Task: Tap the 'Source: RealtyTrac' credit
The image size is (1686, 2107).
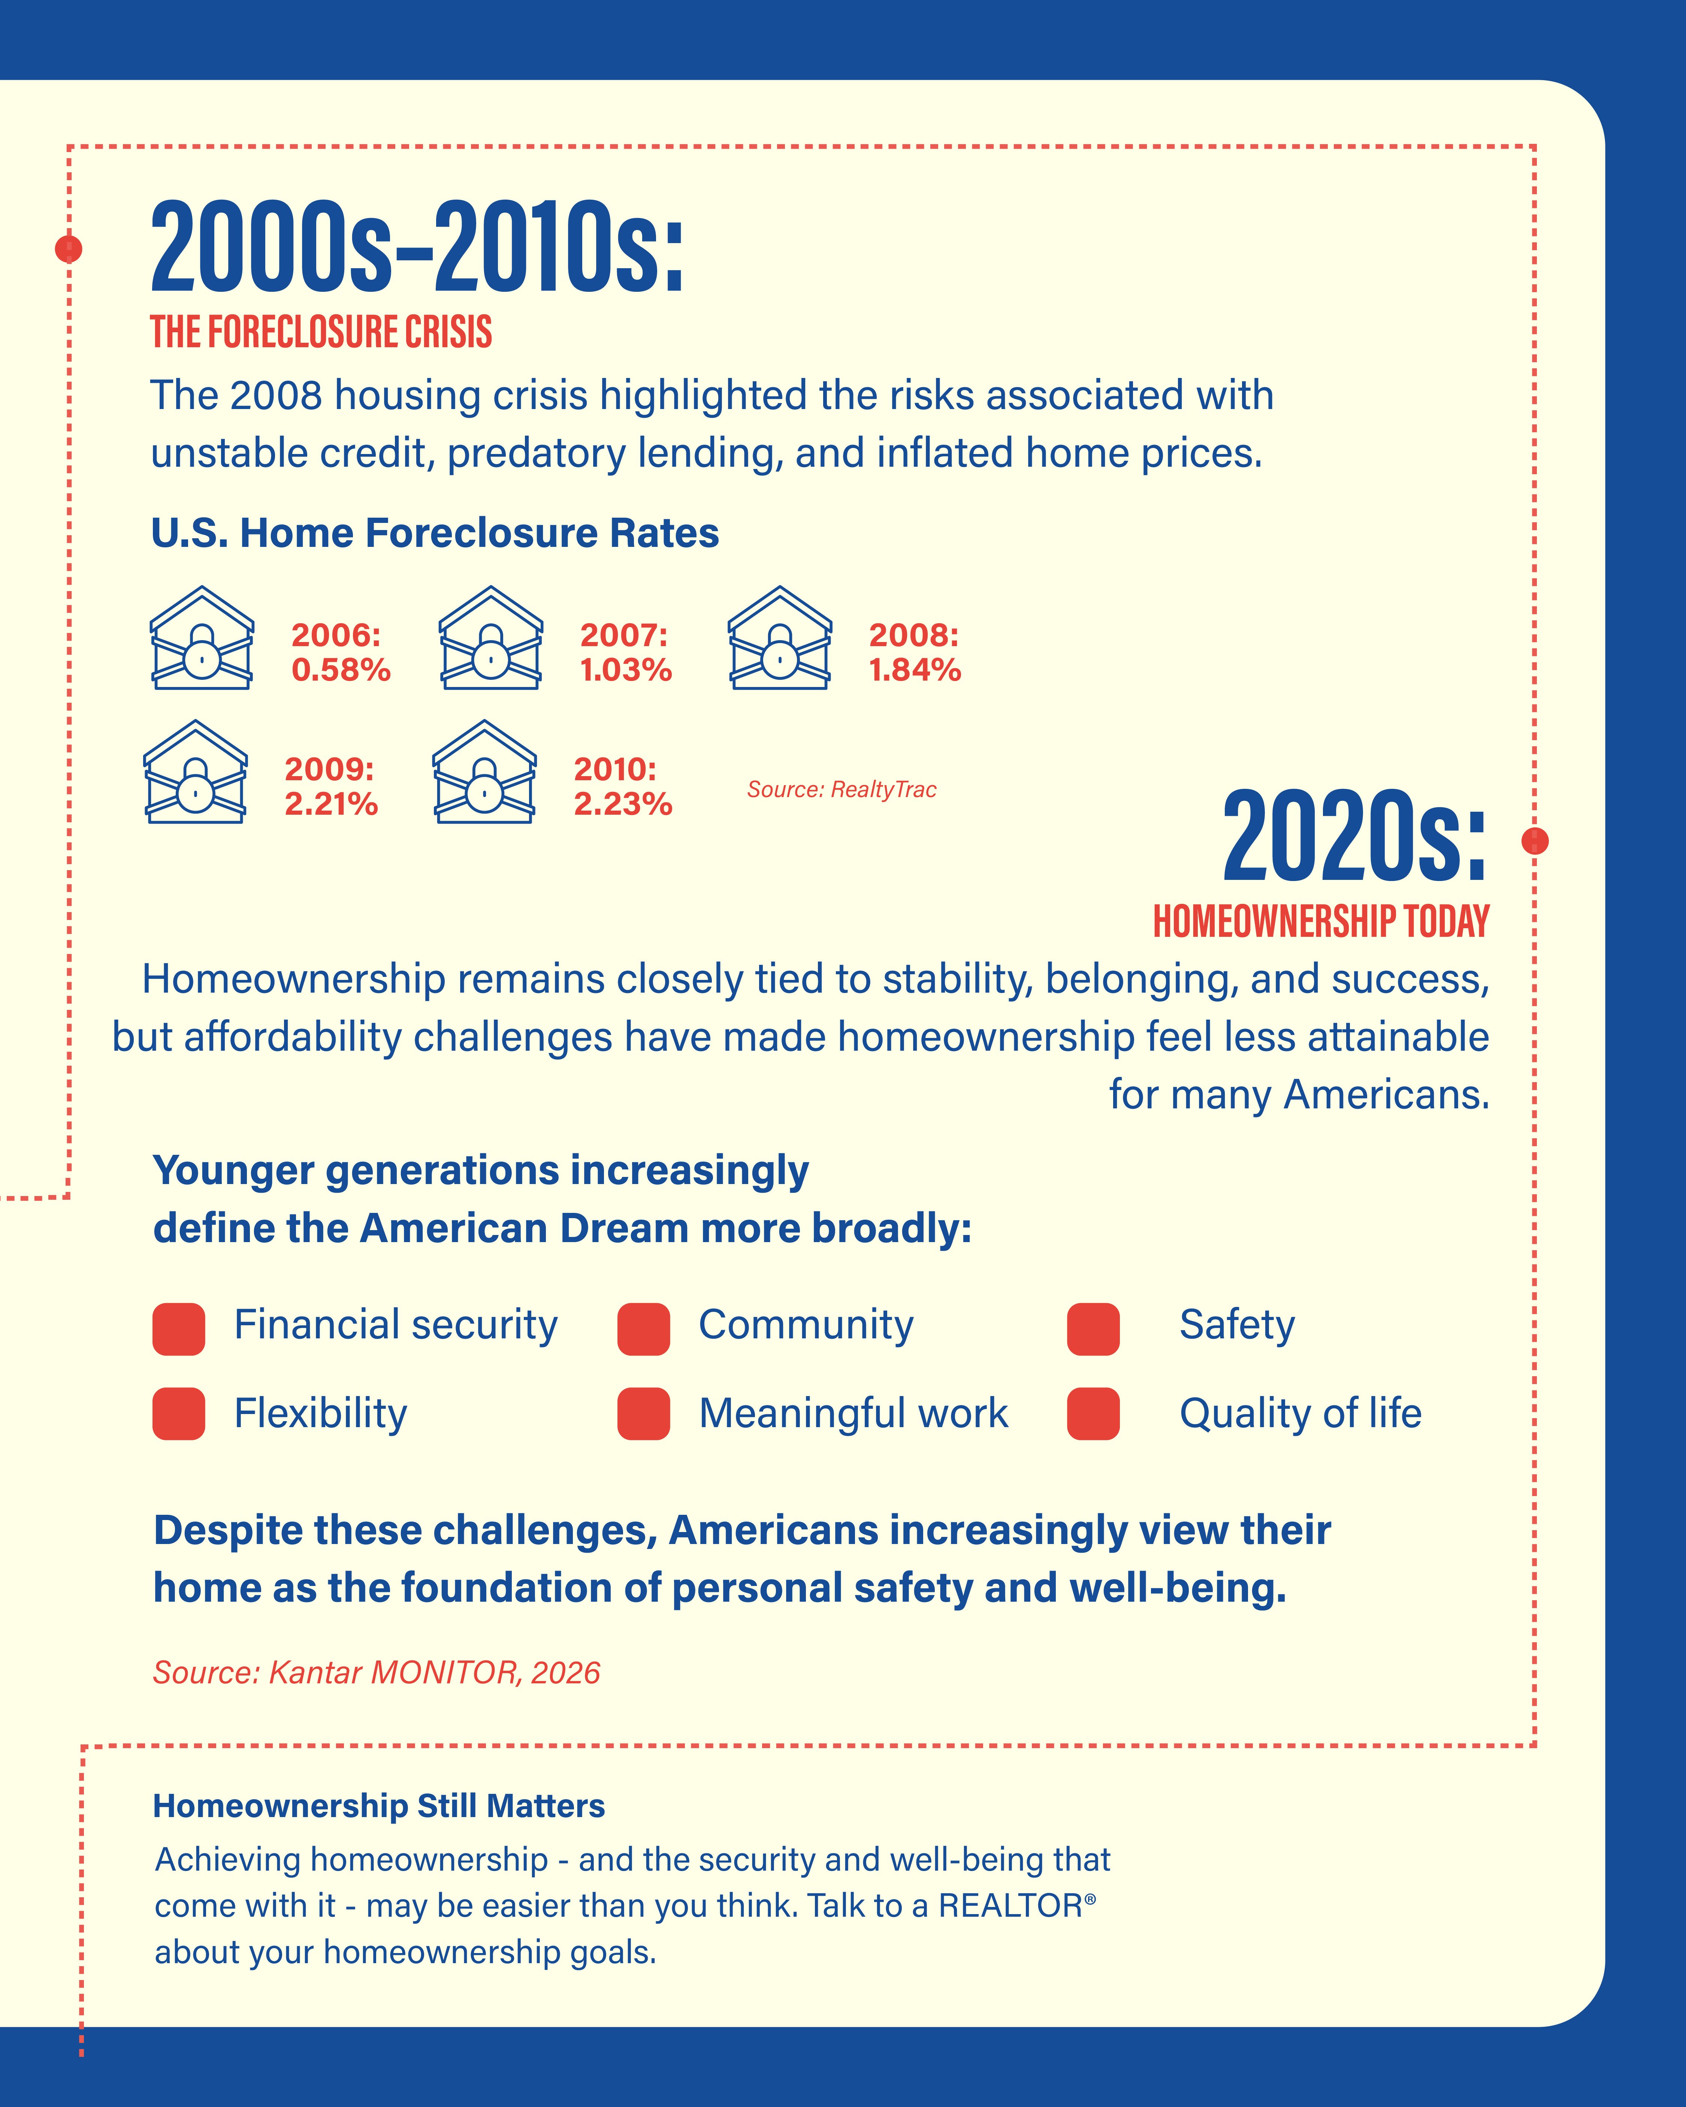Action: (x=842, y=790)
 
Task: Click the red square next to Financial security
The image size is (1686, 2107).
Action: (x=179, y=1329)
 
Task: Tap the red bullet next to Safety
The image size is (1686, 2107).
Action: (x=1094, y=1329)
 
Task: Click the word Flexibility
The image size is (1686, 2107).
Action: (x=321, y=1413)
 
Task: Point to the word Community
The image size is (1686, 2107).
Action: (x=806, y=1325)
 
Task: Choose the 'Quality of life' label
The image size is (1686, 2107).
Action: (x=1301, y=1413)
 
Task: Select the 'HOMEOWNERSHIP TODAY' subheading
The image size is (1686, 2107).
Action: (x=1321, y=921)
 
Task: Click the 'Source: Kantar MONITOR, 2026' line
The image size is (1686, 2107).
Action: (x=376, y=1673)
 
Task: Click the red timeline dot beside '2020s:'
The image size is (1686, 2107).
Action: (x=1535, y=841)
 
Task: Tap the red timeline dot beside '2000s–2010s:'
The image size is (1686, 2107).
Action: (x=69, y=249)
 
